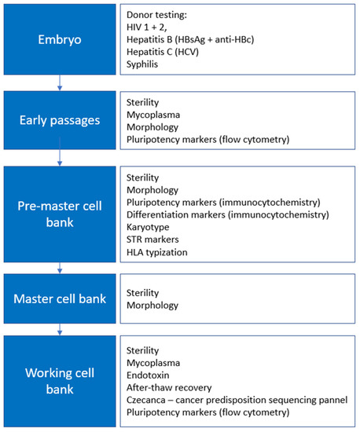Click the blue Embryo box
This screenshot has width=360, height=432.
tap(60, 37)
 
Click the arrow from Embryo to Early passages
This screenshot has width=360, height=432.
tap(60, 79)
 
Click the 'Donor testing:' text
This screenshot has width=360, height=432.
tap(160, 14)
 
